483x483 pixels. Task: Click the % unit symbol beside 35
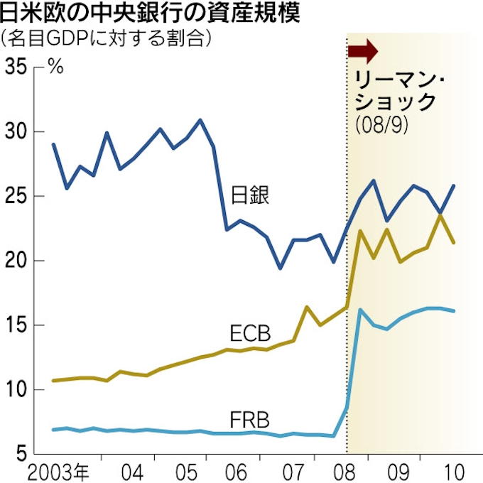(55, 69)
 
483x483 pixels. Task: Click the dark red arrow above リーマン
(364, 52)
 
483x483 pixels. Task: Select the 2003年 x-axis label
(59, 470)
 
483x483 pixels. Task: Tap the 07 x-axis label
(290, 470)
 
